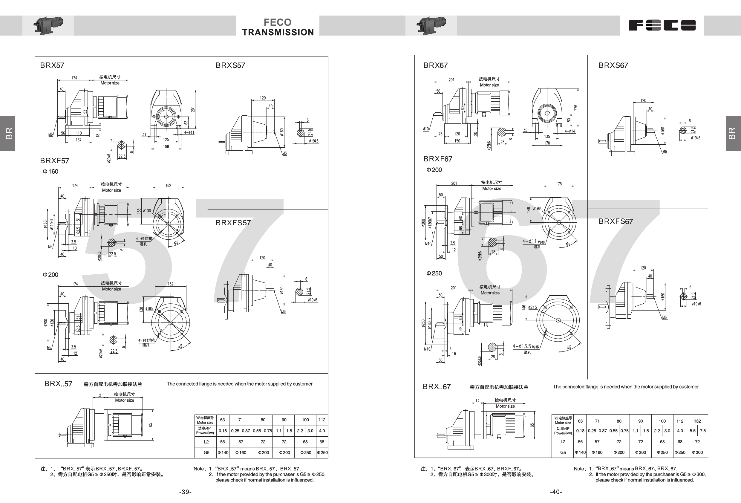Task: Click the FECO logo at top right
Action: tap(662, 25)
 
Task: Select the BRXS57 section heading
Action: tap(230, 65)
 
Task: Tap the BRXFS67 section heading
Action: tap(616, 221)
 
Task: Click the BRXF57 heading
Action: tap(54, 160)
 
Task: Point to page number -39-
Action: tap(185, 492)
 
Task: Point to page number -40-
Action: tap(556, 492)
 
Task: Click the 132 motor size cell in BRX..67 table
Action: tap(697, 421)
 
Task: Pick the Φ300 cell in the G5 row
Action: tap(697, 452)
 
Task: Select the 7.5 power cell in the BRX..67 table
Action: tap(703, 431)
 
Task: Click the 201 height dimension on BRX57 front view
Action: tap(193, 109)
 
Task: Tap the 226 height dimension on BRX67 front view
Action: tap(575, 108)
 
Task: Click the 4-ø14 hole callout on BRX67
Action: tap(570, 131)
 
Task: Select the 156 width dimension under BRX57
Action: tap(166, 147)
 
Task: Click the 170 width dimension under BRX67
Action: tap(547, 143)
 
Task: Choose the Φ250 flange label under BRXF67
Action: tap(434, 273)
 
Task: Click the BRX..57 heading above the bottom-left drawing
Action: tap(58, 384)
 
